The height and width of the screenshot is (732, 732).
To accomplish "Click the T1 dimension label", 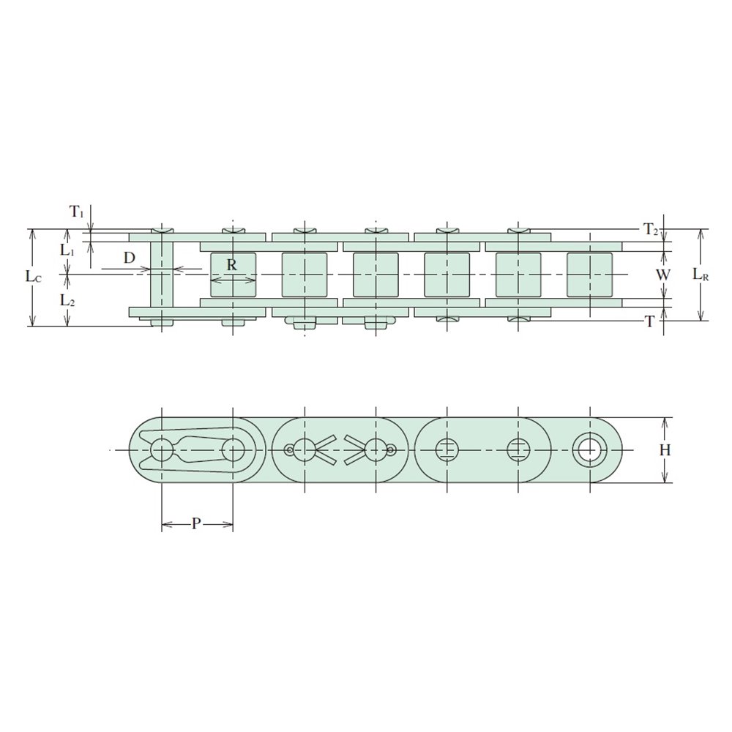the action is (77, 212).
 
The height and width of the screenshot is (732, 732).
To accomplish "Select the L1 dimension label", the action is (67, 250).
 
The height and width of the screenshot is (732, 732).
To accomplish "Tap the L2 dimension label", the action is (67, 301).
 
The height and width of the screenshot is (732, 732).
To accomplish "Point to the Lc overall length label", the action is (34, 277).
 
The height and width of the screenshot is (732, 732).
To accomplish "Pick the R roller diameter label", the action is (232, 265).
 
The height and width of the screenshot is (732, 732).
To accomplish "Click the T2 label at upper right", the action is (651, 229).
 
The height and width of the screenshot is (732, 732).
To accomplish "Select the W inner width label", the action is (663, 275).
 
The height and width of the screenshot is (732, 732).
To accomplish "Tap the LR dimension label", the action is (701, 274).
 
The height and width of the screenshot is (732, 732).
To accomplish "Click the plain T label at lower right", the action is (649, 321).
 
